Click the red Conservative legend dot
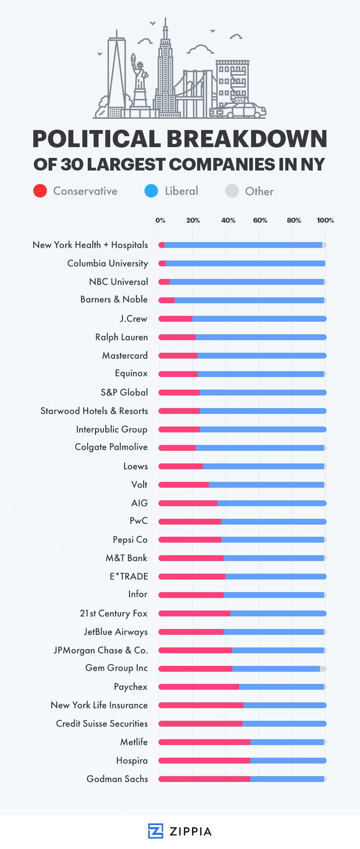40,191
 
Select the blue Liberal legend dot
151,191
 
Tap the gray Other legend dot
232,191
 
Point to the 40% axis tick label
228,220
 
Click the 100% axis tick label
325,220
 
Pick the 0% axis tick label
160,220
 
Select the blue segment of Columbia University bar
245,263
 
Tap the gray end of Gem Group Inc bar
323,669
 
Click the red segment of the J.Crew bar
175,319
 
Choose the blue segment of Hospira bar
288,760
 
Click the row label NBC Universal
118,282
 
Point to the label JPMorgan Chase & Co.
100,650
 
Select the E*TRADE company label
129,576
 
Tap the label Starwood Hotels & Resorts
94,411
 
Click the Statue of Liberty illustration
140,83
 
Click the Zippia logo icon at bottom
155,831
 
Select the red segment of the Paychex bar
198,687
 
